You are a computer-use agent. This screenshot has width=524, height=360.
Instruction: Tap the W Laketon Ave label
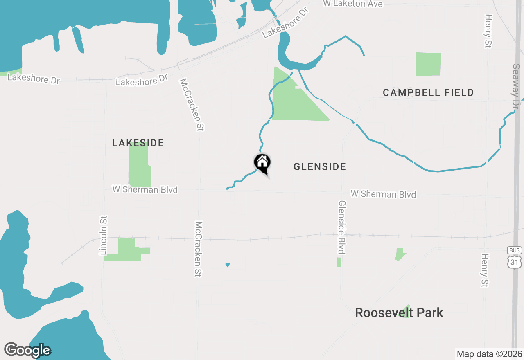pos(352,4)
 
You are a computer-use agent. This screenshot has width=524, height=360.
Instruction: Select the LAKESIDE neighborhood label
pos(138,143)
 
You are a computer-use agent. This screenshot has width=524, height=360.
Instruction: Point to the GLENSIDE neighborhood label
pos(320,166)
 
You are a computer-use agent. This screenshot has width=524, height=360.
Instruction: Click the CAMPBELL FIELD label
pos(428,93)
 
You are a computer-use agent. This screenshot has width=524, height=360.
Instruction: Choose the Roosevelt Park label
pos(399,313)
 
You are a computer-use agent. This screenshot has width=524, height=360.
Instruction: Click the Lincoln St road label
pos(103,236)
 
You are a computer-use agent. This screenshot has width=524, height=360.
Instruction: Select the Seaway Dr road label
pos(517,86)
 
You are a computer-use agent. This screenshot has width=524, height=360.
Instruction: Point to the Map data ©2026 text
pos(489,354)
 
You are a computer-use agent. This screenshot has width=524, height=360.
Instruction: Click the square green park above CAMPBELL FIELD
pos(428,64)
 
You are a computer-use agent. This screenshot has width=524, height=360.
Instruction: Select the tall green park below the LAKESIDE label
pos(139,166)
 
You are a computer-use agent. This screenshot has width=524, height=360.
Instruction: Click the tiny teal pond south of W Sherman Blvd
pos(228,265)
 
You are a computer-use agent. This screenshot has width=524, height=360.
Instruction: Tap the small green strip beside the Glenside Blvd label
pos(339,262)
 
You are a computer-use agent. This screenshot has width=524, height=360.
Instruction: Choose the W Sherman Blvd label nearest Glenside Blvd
pos(383,194)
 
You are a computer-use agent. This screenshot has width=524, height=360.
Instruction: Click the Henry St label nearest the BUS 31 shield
pos(485,270)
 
